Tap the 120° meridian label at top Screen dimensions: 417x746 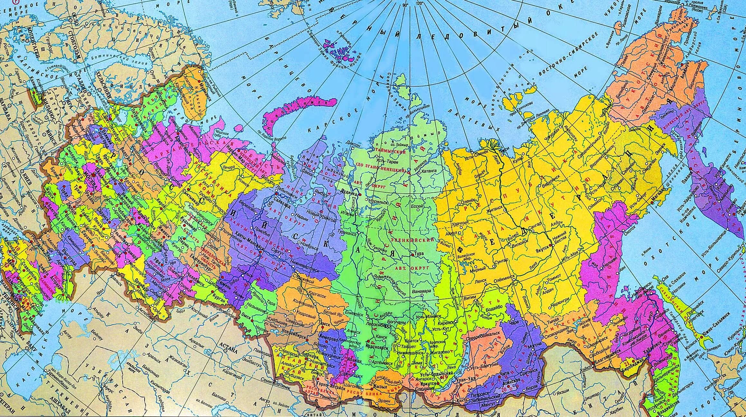point(419,4)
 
